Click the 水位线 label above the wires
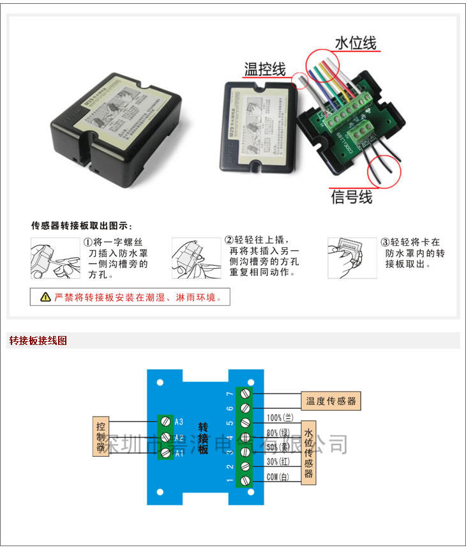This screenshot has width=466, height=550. point(356,43)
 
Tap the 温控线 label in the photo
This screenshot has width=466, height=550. point(265,69)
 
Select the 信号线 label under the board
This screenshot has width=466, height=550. point(351,197)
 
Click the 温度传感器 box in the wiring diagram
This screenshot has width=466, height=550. point(330,401)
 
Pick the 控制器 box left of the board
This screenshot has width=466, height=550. point(100,437)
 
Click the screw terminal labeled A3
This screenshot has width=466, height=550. point(165,422)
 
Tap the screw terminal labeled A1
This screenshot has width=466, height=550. point(165,452)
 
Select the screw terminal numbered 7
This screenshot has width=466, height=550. point(244,393)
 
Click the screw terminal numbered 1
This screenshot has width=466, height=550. point(244,480)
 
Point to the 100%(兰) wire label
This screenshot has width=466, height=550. point(280,418)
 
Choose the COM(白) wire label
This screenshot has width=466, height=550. point(278,477)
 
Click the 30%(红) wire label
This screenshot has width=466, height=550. point(279,462)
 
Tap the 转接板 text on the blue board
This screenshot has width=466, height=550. point(203,438)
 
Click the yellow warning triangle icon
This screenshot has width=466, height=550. point(45,297)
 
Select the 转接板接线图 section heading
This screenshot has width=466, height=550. point(38,340)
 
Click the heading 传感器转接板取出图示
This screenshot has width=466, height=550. point(82,225)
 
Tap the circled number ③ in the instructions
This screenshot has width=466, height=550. point(385,243)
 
